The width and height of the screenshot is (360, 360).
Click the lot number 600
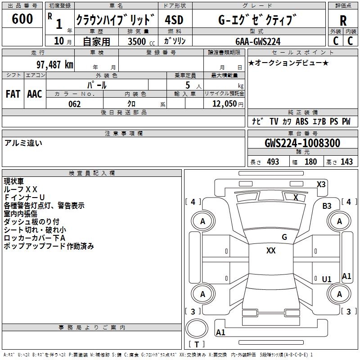[x=22, y=19]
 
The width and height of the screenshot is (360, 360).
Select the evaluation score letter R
[x=343, y=21]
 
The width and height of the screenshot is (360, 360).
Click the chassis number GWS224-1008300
[x=302, y=144]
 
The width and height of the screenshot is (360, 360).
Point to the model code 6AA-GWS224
[x=258, y=41]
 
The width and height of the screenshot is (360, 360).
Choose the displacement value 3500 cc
[x=138, y=41]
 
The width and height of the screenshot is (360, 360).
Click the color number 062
[x=75, y=104]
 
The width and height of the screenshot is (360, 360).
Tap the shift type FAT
[x=13, y=94]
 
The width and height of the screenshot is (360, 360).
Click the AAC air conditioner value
[x=35, y=94]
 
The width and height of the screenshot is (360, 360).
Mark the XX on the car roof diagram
[x=271, y=251]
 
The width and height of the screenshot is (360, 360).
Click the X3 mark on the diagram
[x=321, y=184]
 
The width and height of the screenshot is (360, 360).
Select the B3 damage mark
[x=327, y=206]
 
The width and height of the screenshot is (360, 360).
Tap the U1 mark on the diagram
[x=327, y=279]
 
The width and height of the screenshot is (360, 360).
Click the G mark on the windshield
[x=284, y=237]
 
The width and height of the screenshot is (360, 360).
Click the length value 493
[x=273, y=162]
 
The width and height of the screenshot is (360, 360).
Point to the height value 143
[x=346, y=162]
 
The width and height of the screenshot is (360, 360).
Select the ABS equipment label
[x=302, y=121]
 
